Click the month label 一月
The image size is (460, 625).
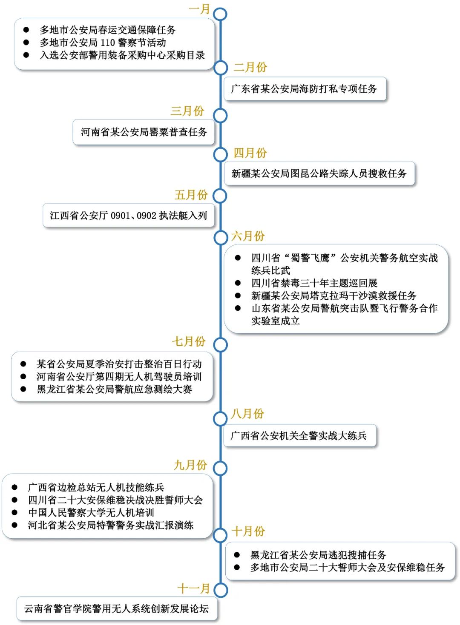click(x=199, y=9)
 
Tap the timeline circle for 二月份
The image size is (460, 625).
click(x=221, y=68)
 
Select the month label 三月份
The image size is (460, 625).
click(x=187, y=111)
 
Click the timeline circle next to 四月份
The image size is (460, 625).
click(x=220, y=154)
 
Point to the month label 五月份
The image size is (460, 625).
click(x=191, y=195)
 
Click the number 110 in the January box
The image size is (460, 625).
click(x=108, y=43)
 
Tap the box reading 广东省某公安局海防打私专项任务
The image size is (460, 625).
click(x=305, y=89)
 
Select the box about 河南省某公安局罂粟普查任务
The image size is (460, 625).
click(x=144, y=132)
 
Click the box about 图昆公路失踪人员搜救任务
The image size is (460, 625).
click(x=319, y=173)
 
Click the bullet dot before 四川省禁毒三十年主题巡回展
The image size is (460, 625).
click(x=238, y=283)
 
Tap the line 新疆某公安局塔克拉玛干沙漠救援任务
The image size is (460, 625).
click(x=333, y=295)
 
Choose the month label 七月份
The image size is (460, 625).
click(x=189, y=341)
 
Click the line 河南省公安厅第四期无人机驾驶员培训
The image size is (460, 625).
click(x=119, y=377)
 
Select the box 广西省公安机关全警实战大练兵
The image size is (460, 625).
click(x=299, y=435)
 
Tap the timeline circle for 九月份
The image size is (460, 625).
click(x=220, y=468)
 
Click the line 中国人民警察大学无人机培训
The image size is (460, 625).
click(x=91, y=512)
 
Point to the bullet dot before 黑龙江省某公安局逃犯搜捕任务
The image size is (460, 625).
click(x=237, y=555)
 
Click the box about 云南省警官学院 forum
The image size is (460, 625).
click(x=117, y=609)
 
